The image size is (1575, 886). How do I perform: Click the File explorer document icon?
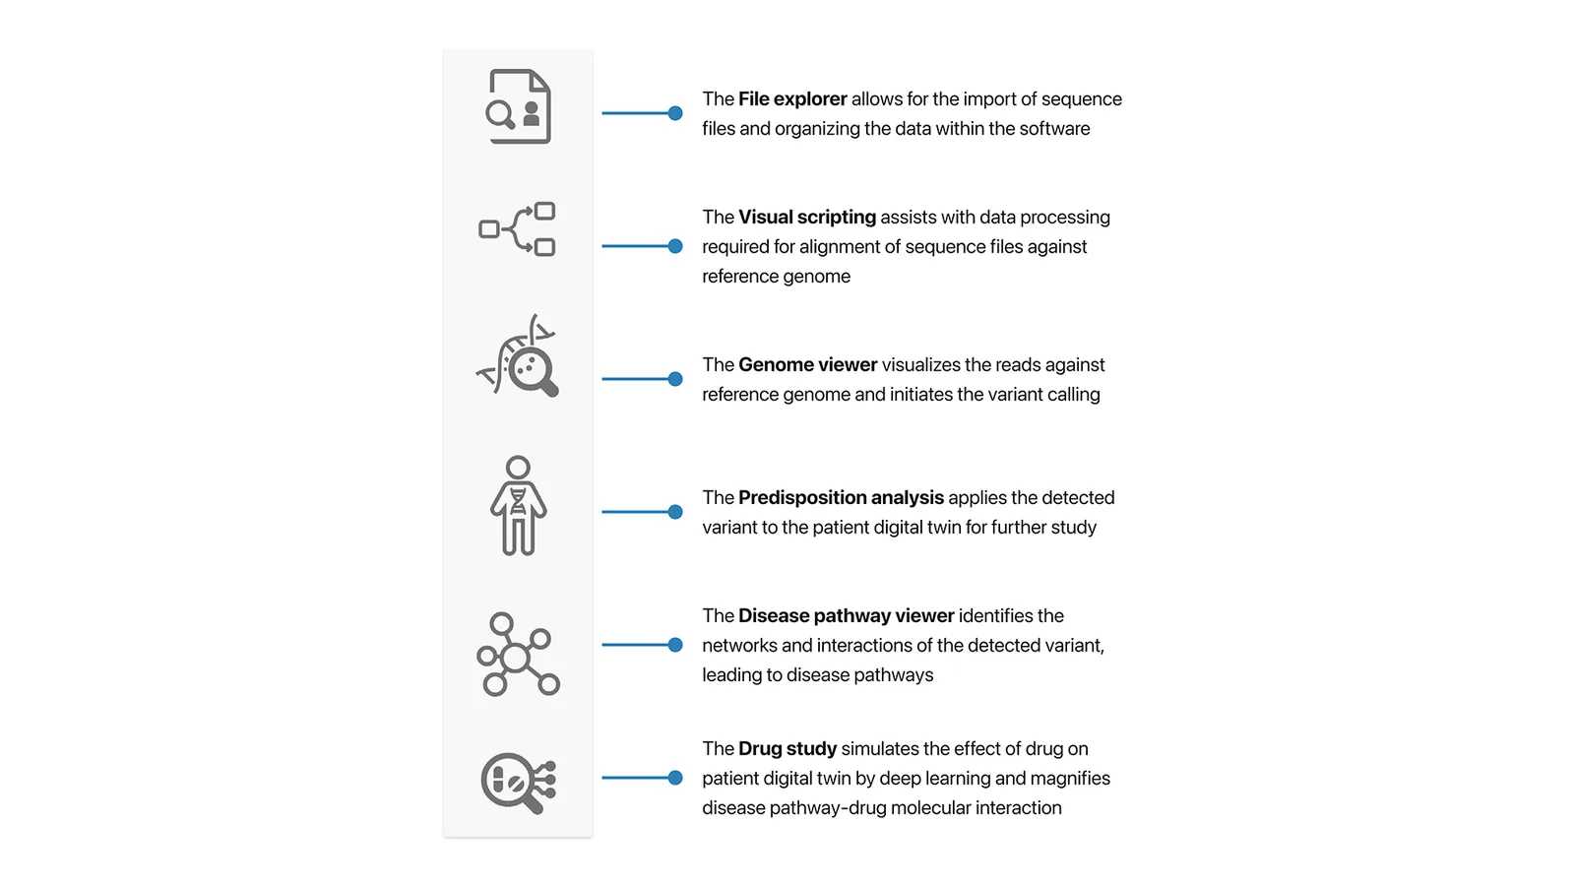[518, 107]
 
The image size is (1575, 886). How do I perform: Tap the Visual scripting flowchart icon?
[518, 229]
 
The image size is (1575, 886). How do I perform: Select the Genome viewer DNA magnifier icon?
[518, 355]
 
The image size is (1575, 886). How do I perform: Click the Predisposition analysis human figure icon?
[518, 506]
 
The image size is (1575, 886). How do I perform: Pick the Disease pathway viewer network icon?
[518, 655]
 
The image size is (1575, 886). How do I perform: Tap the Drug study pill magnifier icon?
[519, 783]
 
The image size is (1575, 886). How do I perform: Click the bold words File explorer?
[792, 99]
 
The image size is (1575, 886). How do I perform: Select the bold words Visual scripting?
[807, 218]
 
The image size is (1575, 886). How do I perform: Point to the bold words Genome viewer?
[808, 365]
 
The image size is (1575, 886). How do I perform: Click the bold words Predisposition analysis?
[841, 498]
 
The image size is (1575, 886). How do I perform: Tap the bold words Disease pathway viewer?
[847, 616]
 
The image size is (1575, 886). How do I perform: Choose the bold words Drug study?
[787, 749]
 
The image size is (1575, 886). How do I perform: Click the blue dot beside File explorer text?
[675, 113]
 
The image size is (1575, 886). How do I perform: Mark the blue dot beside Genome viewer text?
[675, 379]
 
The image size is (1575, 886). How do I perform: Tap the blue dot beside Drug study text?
[675, 778]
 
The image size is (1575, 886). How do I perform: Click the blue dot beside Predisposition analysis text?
[675, 512]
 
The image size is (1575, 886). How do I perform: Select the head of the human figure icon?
[518, 468]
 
